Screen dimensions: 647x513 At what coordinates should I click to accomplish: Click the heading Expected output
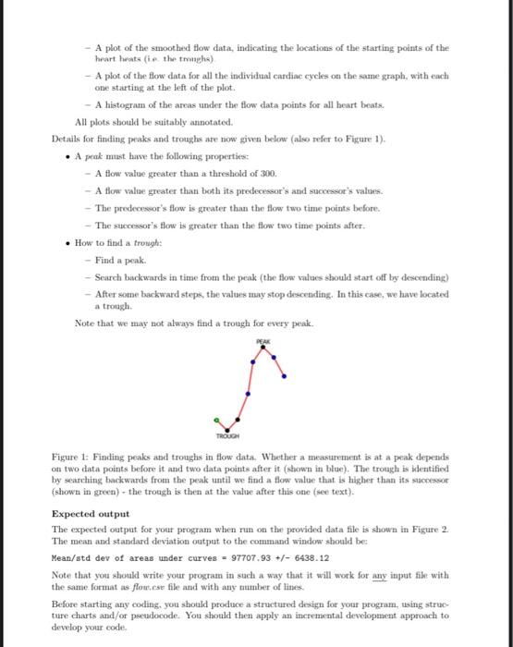click(91, 514)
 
